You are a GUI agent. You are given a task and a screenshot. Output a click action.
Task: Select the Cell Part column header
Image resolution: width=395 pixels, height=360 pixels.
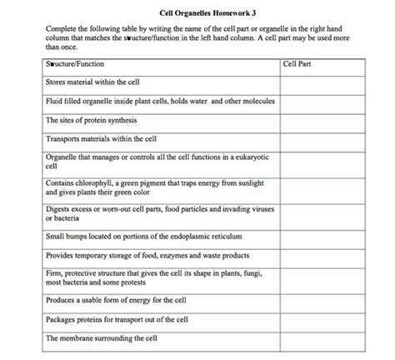(297, 64)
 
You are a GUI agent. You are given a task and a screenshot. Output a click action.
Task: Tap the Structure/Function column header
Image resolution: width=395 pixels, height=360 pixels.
(75, 64)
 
